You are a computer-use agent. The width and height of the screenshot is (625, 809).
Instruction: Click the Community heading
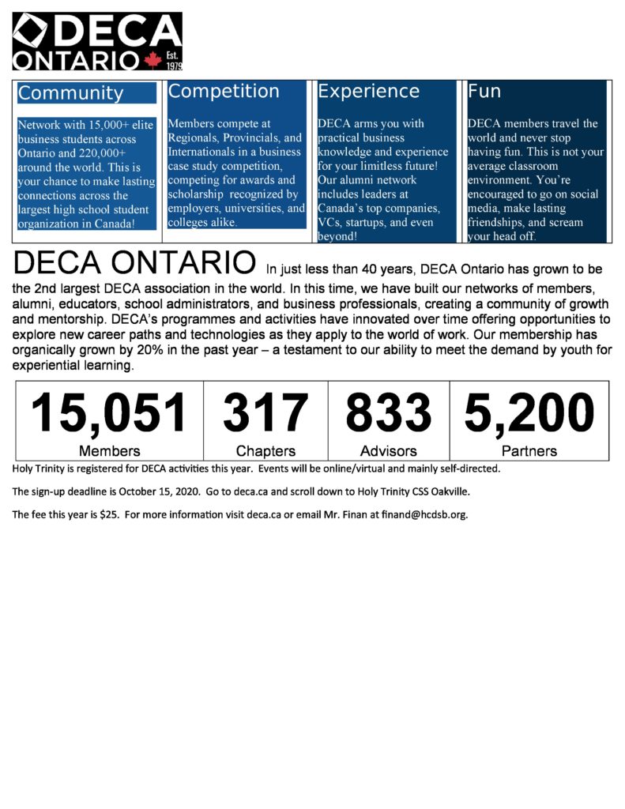(x=71, y=93)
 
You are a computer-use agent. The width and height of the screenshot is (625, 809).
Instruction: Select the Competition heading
(x=224, y=92)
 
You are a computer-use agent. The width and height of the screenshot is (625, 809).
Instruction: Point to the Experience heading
(x=368, y=92)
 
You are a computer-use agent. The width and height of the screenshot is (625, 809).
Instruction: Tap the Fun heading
(x=484, y=92)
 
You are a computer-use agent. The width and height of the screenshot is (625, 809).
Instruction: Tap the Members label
(x=109, y=451)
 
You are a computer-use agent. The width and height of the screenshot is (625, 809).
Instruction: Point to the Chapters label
(x=265, y=451)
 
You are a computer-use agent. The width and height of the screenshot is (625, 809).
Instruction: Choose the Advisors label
(x=388, y=451)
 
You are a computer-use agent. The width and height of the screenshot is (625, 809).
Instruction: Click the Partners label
(x=529, y=451)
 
